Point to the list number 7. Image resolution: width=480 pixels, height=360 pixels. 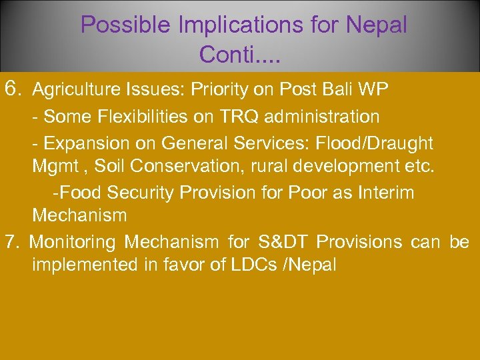(11, 241)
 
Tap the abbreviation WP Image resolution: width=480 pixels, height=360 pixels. (380, 89)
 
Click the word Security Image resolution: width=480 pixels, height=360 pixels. (136, 193)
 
